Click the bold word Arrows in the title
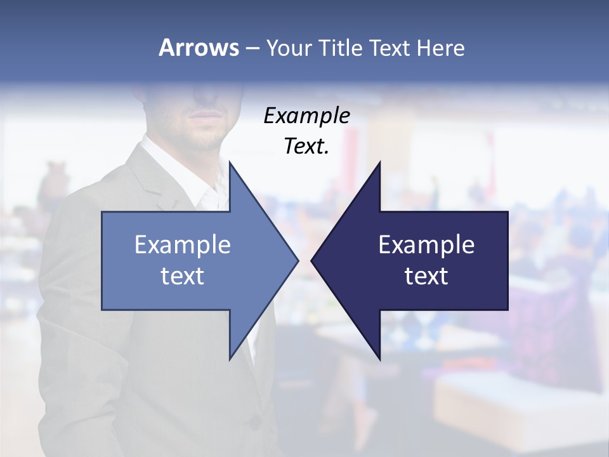(x=198, y=48)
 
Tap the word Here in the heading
(x=440, y=48)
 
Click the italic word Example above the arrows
(x=306, y=116)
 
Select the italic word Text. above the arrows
(x=306, y=146)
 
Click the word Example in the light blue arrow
(x=183, y=244)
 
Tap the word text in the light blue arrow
(x=183, y=275)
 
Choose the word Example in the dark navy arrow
(x=426, y=244)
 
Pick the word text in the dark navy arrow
(x=426, y=275)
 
